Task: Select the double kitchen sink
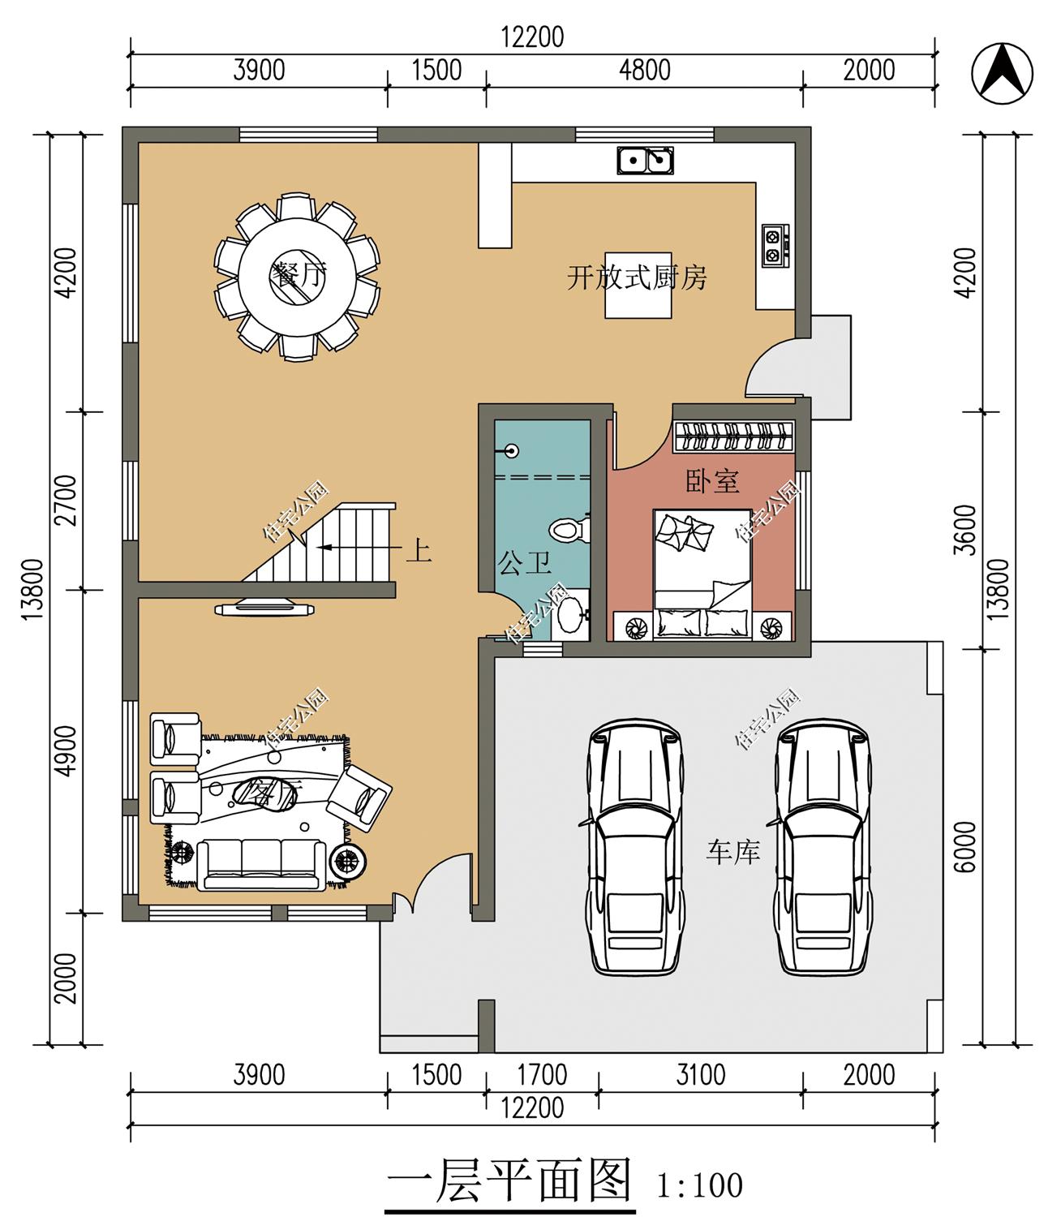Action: tap(646, 160)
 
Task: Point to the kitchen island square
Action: tap(638, 286)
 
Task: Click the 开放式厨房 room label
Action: tap(636, 277)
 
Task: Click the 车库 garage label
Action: tap(732, 852)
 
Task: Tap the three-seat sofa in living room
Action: tap(262, 865)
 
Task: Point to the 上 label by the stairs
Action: tap(419, 551)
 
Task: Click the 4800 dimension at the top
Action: tap(645, 71)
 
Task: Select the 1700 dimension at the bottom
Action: tap(542, 1075)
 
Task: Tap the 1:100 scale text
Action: tap(699, 1185)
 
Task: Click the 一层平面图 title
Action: tap(509, 1180)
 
